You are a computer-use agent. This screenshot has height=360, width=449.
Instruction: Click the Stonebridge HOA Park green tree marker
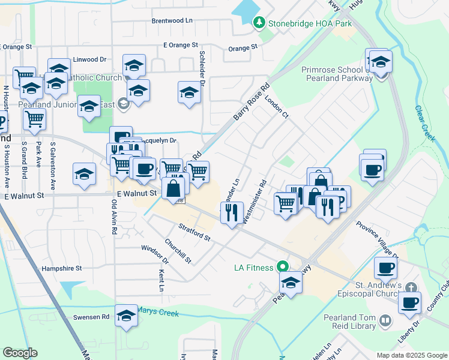coord(259,23)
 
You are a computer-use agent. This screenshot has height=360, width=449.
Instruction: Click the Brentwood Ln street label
coord(172,20)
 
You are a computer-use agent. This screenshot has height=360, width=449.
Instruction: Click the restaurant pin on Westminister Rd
coord(231,212)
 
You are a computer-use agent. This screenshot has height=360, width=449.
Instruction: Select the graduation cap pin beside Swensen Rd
coord(126,316)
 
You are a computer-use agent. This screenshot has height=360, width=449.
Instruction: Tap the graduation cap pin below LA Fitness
coord(291,282)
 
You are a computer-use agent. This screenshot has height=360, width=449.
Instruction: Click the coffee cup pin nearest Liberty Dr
coord(409,302)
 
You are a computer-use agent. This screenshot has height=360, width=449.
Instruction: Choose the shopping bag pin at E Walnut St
coord(173,188)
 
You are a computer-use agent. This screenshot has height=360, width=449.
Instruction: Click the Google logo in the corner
coord(20,353)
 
